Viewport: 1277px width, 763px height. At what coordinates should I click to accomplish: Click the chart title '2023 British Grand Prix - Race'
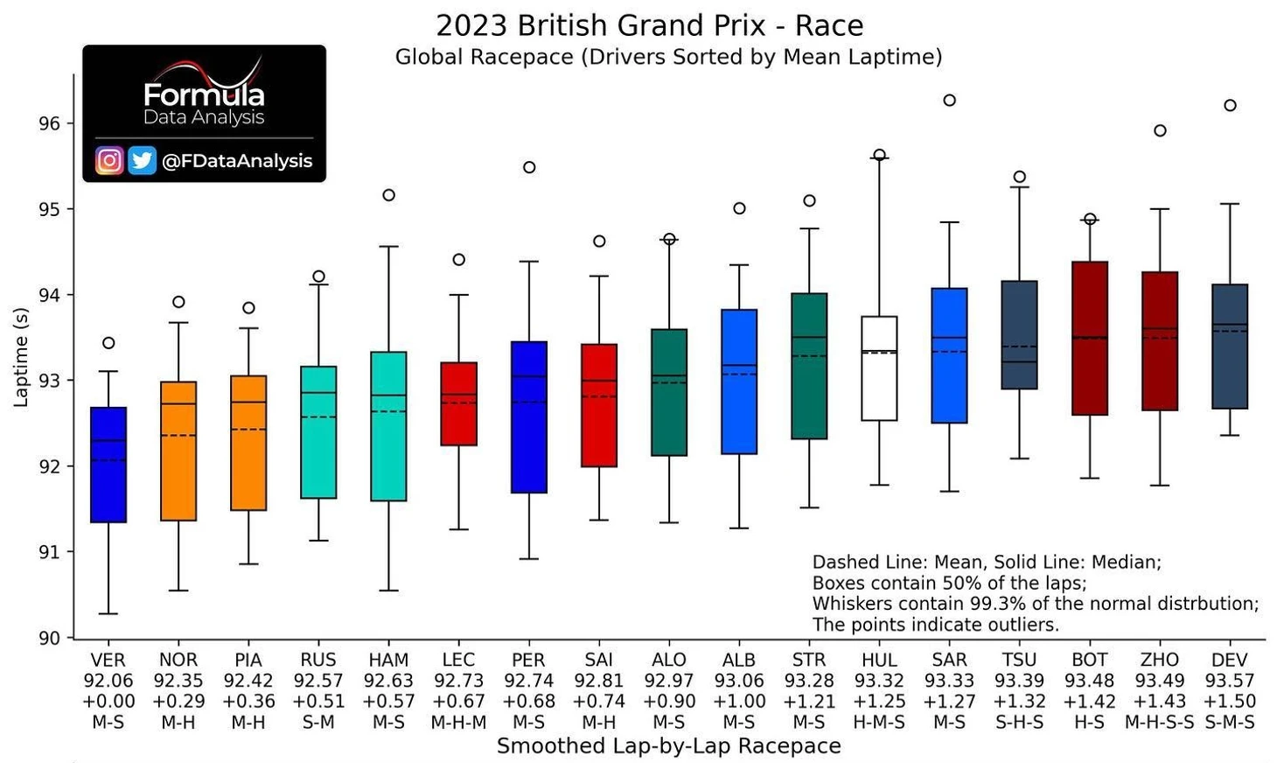(649, 25)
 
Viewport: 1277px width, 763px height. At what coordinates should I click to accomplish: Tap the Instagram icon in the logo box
(109, 160)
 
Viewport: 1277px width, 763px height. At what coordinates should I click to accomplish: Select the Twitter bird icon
(142, 160)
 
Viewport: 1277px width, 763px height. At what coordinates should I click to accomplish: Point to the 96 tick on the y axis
(50, 123)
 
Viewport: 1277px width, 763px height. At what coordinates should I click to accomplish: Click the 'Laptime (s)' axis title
(21, 357)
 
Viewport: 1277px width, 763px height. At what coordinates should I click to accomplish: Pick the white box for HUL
(879, 368)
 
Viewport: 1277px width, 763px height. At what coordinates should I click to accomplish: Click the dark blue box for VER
(108, 465)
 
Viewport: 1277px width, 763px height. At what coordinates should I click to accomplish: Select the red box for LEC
(458, 403)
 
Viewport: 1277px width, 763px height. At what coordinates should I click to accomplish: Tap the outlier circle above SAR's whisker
(949, 100)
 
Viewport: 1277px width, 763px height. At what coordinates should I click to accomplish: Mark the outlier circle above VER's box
(108, 343)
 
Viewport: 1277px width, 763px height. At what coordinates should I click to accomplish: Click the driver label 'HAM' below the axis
(388, 660)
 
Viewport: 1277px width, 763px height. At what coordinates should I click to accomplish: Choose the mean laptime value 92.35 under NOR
(178, 681)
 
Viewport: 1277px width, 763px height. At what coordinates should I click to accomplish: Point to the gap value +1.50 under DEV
(1230, 702)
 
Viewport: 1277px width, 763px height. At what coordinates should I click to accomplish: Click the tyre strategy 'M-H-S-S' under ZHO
(1160, 723)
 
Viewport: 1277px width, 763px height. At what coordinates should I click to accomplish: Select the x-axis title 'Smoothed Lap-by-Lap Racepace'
(668, 745)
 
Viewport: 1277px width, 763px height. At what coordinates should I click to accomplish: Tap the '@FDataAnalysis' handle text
(237, 161)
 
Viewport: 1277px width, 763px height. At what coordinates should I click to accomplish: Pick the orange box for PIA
(248, 443)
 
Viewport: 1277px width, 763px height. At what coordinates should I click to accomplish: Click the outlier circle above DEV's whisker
(1230, 105)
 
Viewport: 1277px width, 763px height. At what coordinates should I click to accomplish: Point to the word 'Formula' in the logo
(204, 94)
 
